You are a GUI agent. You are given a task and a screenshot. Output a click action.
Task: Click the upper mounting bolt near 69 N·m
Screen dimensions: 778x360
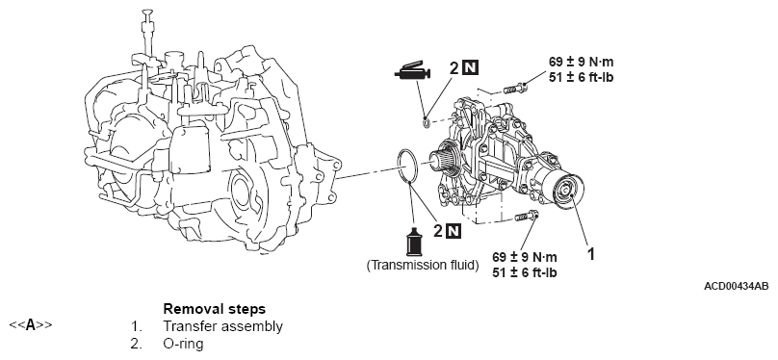point(515,90)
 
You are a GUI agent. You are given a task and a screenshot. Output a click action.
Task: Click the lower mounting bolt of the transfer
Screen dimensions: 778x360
point(527,217)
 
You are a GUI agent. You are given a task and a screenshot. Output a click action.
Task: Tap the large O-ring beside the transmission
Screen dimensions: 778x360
point(407,167)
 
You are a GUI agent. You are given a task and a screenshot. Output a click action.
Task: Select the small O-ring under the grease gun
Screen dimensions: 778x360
point(427,121)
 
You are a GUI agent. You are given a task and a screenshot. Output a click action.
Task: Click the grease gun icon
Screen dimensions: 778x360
point(412,73)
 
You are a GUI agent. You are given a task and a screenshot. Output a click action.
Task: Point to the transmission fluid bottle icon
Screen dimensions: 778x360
point(413,243)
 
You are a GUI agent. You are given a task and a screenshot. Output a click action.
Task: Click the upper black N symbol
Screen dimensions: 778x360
point(470,67)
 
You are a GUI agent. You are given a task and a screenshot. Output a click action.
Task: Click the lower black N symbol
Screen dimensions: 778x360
point(453,231)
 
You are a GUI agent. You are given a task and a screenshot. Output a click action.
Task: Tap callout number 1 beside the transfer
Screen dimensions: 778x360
point(590,254)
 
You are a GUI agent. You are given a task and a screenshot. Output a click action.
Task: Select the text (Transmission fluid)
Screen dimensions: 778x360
point(423,266)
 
